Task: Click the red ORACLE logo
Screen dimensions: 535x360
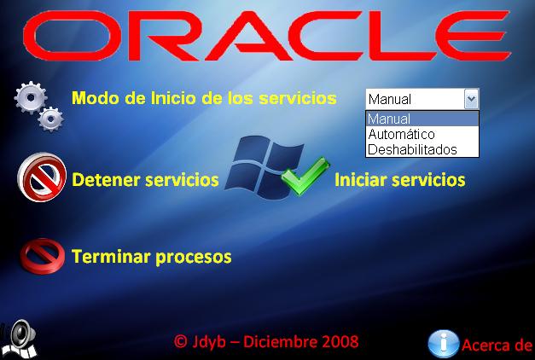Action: [267, 36]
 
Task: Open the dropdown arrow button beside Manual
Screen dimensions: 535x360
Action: [471, 99]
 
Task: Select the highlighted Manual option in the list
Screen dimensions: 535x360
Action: [422, 119]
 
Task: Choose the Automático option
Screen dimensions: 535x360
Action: [402, 134]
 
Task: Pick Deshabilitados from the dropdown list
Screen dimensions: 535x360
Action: [412, 149]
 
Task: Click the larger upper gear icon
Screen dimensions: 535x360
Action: [31, 97]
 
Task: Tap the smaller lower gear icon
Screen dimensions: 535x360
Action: [50, 119]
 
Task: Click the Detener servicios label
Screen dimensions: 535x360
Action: [145, 179]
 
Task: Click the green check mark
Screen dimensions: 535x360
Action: [305, 176]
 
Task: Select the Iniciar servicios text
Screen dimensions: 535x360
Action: [400, 179]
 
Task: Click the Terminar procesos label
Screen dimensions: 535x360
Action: [152, 257]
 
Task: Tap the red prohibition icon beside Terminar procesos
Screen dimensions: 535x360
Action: [42, 256]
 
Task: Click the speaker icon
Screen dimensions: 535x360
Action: [20, 339]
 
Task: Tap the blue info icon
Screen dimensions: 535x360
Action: [444, 344]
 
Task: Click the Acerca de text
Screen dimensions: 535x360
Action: [497, 345]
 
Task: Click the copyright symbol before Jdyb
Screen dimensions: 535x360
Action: [181, 341]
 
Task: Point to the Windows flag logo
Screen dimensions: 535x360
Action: [265, 167]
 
